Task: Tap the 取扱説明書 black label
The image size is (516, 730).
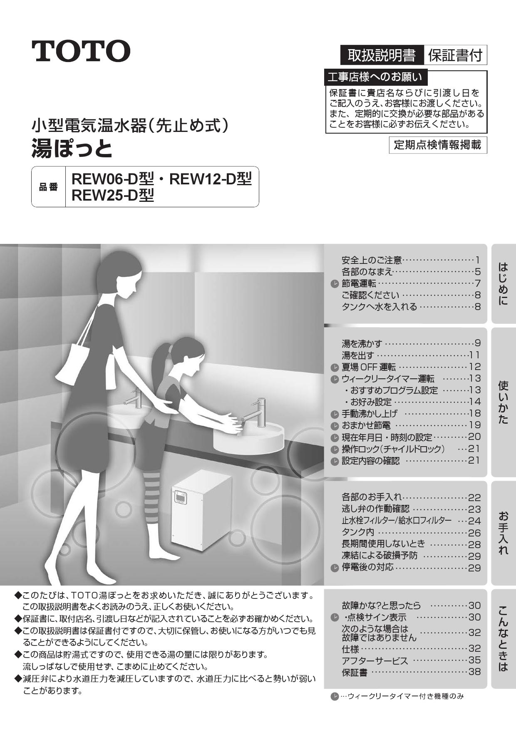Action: coord(382,55)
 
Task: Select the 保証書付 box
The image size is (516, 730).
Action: coord(455,55)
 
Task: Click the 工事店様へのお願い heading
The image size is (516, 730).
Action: coord(375,77)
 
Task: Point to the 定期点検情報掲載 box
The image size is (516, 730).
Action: coord(438,145)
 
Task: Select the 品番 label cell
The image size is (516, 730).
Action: coord(49,187)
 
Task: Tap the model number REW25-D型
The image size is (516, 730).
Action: coord(113,195)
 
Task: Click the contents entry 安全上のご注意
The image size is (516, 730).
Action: coord(372,261)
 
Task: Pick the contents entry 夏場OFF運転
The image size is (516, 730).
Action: coord(369,367)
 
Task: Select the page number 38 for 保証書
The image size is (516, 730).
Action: coord(474,671)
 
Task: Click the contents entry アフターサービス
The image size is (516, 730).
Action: coord(375,660)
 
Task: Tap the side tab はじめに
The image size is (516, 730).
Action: coord(503,284)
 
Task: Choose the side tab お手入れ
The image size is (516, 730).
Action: coord(503,533)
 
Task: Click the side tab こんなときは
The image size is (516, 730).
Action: coord(503,639)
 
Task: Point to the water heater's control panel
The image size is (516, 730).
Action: coord(181,497)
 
